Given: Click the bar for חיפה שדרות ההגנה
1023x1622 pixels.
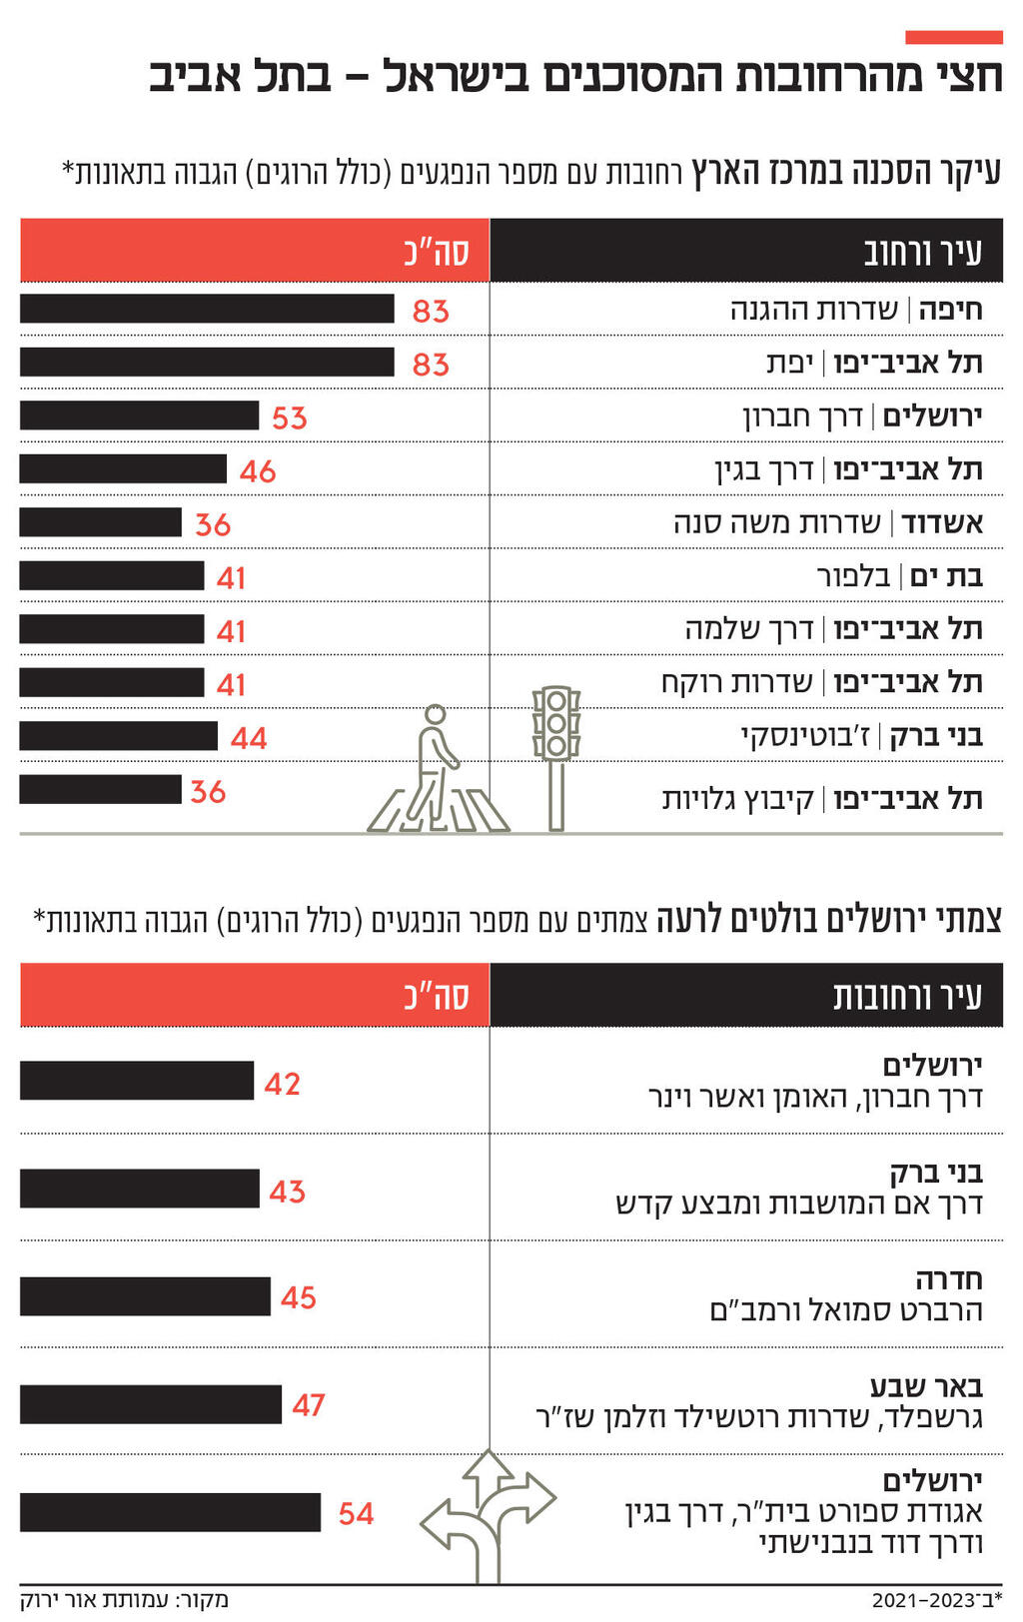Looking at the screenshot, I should [207, 309].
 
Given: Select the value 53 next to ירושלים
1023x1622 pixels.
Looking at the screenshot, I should [289, 417].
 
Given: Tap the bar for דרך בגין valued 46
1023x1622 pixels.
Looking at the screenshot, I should [123, 469].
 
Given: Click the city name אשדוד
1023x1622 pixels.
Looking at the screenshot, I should [942, 522].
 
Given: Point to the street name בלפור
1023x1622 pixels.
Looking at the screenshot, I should [854, 576].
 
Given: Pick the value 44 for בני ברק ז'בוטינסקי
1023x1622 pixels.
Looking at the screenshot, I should [249, 738].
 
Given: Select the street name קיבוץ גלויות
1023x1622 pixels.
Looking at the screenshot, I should [738, 799].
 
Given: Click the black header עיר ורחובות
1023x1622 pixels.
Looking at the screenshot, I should [907, 996].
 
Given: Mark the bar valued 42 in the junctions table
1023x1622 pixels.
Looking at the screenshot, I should [137, 1081].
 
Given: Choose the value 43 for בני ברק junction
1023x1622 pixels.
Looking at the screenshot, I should [287, 1191].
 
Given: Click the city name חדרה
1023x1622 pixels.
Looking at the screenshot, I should [949, 1279].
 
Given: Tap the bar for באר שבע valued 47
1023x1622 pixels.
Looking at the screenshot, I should [151, 1404].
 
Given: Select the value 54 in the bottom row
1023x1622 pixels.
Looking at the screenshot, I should [356, 1513].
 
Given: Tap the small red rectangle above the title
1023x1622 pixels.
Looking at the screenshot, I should [953, 38].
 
